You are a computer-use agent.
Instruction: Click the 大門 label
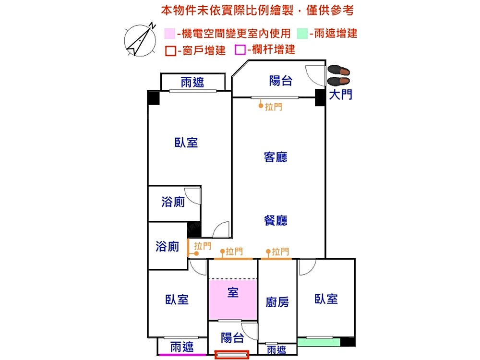340,95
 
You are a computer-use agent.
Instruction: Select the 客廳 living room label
276,157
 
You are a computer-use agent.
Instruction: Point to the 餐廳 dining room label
276,220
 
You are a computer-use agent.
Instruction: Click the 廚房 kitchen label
277,302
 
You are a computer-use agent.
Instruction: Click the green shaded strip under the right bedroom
319,342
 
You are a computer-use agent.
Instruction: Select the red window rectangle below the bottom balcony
232,355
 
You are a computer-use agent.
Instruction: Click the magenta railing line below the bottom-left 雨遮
182,355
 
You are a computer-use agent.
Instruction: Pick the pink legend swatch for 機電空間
169,34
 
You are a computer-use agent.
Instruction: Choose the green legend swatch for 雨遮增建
302,34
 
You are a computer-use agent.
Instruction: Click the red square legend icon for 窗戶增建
170,50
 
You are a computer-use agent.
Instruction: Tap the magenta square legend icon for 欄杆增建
240,49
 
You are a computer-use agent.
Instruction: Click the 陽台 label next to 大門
281,81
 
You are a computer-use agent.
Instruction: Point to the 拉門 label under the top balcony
274,107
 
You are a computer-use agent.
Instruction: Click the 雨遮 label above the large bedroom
192,83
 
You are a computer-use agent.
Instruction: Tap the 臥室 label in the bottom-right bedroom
326,299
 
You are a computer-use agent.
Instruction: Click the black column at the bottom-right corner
348,342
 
